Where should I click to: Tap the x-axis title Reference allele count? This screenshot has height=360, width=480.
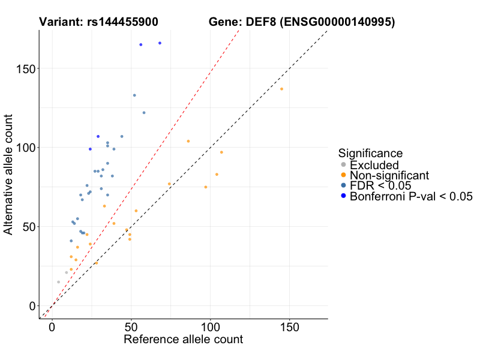click(x=183, y=340)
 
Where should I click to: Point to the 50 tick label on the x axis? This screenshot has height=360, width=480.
click(x=131, y=328)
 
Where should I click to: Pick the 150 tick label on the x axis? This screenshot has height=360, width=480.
click(x=289, y=328)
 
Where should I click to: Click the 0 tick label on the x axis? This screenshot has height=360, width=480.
click(x=52, y=328)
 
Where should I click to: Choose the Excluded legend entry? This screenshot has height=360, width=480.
click(x=374, y=165)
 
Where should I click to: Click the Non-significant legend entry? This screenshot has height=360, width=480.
click(x=389, y=175)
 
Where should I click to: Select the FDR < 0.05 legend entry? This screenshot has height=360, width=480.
click(x=384, y=185)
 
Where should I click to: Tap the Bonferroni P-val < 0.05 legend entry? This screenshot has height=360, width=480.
click(x=412, y=196)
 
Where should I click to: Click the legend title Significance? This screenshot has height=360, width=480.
click(x=370, y=154)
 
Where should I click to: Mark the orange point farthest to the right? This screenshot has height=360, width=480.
click(x=281, y=89)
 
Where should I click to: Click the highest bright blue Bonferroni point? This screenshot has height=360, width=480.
click(x=160, y=43)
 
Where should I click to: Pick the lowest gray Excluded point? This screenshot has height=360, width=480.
click(x=58, y=282)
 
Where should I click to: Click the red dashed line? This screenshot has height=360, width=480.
click(x=180, y=120)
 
